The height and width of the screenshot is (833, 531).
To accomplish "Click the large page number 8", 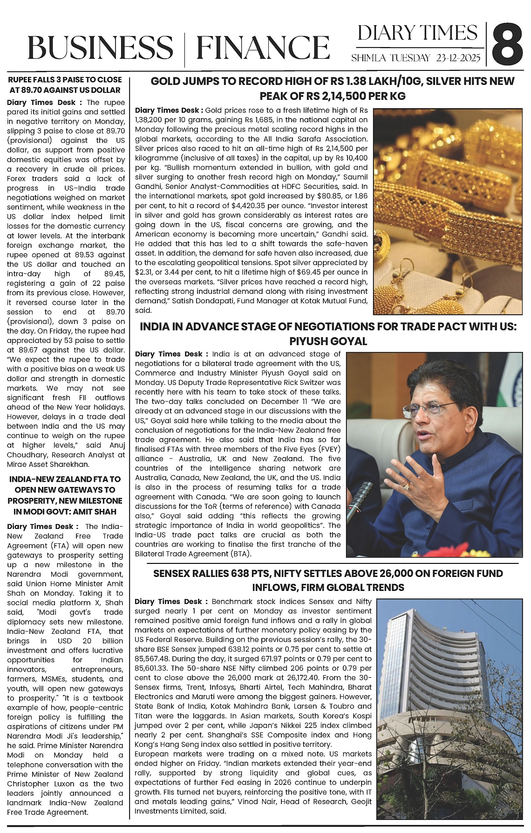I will point(507,45).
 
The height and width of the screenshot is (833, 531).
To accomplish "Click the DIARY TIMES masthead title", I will point(417,33).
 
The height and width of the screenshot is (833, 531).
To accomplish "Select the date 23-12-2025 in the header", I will point(458,58).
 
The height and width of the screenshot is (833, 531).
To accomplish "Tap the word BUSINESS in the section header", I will point(100,48).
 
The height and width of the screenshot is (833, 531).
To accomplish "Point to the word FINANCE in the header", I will point(263,48).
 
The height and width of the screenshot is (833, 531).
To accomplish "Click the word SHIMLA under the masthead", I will point(368,58).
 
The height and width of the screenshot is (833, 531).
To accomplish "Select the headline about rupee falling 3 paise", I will point(65,85).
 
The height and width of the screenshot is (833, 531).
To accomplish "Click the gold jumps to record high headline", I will point(332,89).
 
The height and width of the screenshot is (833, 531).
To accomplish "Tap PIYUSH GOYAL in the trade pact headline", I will point(328,341).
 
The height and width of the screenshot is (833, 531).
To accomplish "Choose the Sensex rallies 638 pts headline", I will point(328,580).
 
